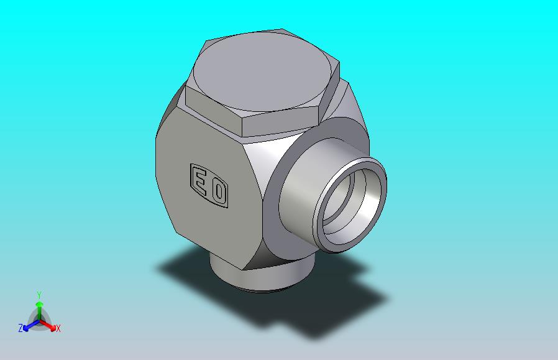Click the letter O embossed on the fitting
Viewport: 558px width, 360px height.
[x=219, y=192]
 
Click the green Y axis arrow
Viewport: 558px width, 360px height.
[x=39, y=310]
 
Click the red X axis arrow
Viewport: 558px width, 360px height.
[x=48, y=325]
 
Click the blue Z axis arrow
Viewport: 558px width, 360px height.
[x=31, y=325]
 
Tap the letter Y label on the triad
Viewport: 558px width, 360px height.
[x=39, y=295]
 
